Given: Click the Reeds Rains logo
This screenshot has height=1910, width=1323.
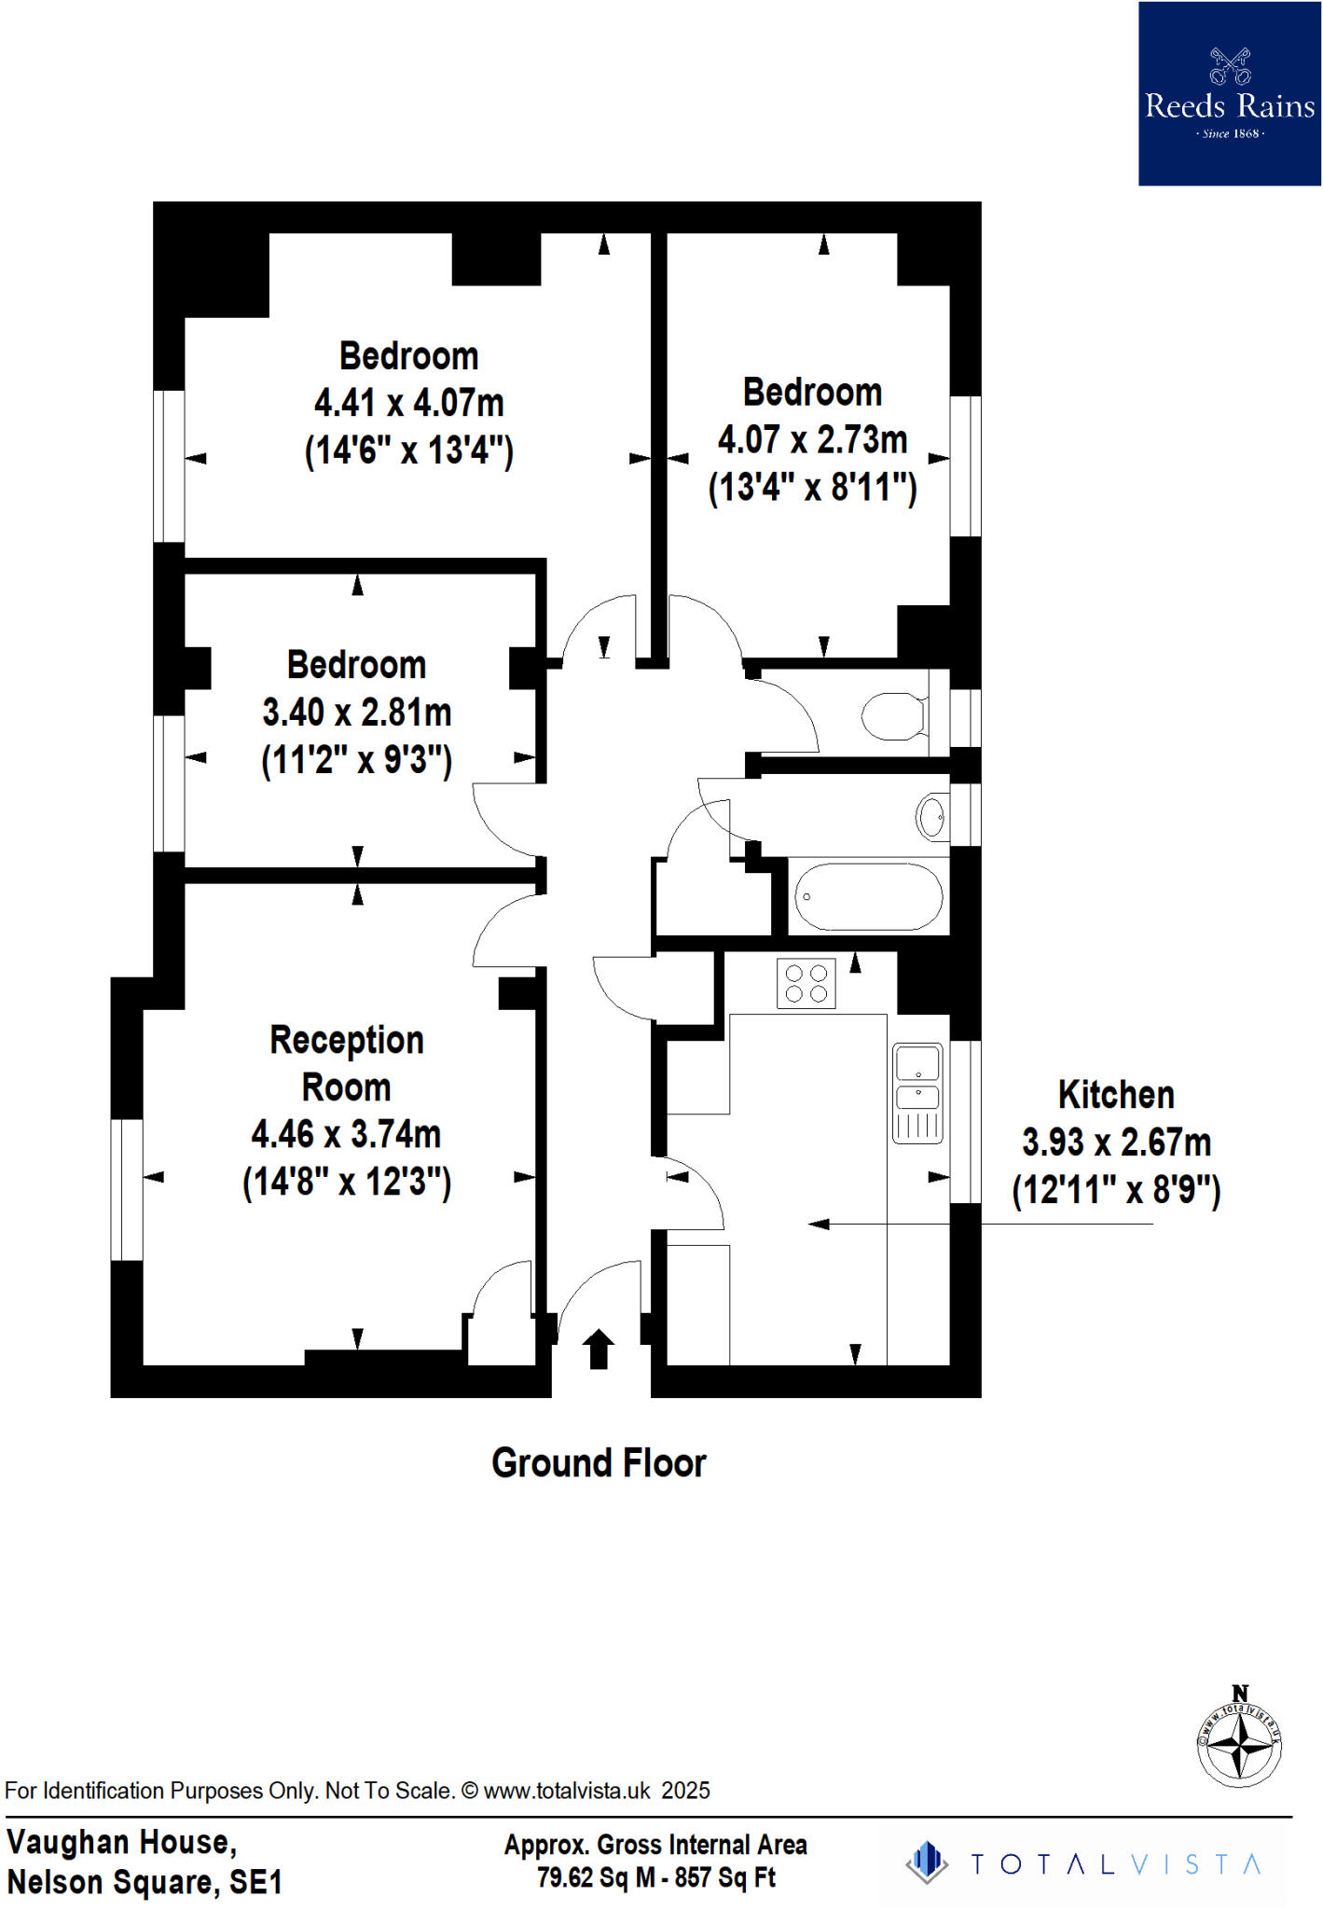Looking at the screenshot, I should coord(1229,93).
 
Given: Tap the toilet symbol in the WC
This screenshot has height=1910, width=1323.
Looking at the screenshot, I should coord(892,715).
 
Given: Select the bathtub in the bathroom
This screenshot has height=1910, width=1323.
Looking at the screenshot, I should coord(868,896).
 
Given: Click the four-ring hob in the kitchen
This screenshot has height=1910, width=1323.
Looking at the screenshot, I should coord(806,983).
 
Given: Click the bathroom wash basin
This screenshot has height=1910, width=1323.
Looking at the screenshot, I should coord(931,817).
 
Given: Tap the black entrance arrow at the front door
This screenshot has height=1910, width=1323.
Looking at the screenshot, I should coord(599,1349).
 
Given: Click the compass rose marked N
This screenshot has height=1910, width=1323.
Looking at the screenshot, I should coord(1239,1741).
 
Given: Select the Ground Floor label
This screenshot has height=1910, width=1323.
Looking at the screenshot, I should coord(599,1463).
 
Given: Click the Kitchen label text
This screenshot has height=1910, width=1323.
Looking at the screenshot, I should coord(1116,1095).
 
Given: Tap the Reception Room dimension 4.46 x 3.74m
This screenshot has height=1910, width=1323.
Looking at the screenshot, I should coord(346,1134).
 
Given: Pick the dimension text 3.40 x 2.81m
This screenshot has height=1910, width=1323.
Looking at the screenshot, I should coord(357,713).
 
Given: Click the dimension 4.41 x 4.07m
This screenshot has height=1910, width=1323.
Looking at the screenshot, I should coord(409,403).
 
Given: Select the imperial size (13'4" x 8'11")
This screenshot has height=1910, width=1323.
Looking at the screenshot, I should coord(812,488).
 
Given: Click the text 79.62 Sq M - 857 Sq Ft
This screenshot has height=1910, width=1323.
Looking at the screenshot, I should coord(655,1877).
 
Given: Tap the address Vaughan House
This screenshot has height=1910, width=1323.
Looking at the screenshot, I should coord(121,1842).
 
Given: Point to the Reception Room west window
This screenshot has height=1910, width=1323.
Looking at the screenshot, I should coord(127,1189).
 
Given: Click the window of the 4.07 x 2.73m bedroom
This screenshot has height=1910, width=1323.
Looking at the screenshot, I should coord(965,466).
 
